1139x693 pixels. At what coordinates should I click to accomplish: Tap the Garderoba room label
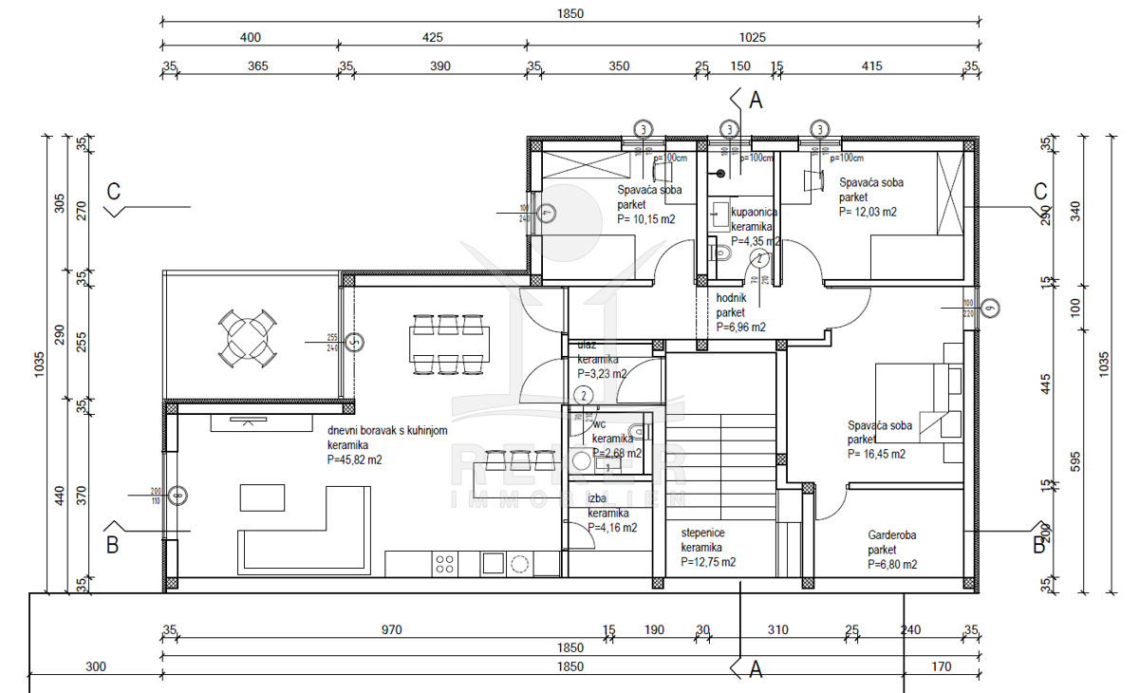893,535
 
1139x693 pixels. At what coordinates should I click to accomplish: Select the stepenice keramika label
701,541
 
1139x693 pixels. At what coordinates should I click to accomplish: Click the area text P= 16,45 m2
876,454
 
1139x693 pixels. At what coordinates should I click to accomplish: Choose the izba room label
597,498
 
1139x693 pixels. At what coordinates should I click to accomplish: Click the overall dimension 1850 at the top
571,13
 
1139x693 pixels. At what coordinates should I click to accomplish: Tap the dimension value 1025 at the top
751,38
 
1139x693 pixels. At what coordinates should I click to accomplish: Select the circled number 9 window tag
991,307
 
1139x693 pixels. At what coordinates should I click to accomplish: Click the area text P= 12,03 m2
868,213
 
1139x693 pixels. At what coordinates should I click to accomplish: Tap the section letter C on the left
113,191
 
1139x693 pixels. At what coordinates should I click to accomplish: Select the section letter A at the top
756,98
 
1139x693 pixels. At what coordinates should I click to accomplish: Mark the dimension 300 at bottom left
95,666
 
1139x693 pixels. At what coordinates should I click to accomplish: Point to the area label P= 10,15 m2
646,219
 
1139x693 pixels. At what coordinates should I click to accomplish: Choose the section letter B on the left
112,545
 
